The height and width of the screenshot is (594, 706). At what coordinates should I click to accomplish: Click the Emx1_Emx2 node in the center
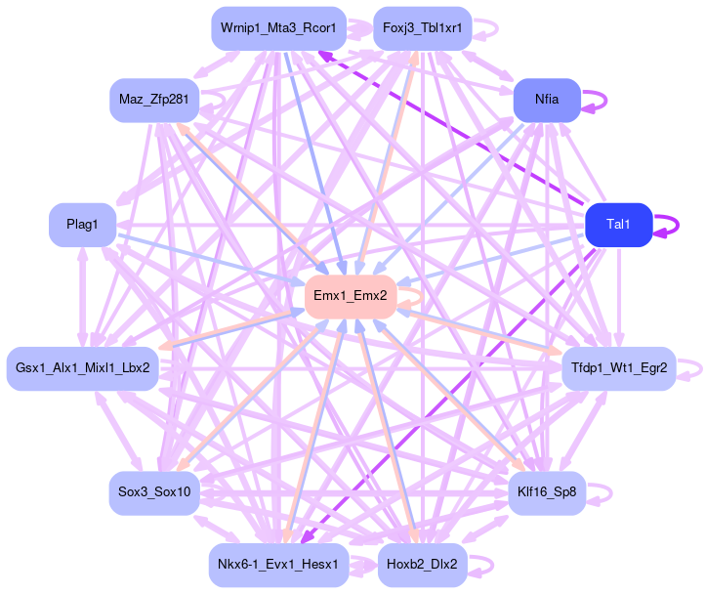pos(350,295)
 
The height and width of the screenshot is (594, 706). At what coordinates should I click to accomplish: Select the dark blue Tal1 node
pos(617,225)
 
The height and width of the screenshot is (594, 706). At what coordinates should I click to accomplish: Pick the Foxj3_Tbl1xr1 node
pos(422,28)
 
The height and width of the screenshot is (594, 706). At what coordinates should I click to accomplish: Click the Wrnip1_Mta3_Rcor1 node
pos(277,28)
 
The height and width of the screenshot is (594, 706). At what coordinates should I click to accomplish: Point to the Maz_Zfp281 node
pos(154,100)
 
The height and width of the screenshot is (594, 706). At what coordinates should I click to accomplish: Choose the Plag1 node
pos(82,225)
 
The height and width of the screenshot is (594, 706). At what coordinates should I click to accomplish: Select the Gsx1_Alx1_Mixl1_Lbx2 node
pos(82,368)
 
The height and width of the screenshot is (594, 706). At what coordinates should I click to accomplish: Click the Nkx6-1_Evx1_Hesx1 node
pos(278,565)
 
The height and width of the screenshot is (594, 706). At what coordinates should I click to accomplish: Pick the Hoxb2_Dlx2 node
pos(422,565)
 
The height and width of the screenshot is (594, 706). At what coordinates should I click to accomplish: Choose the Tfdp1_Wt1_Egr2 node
pos(617,368)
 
